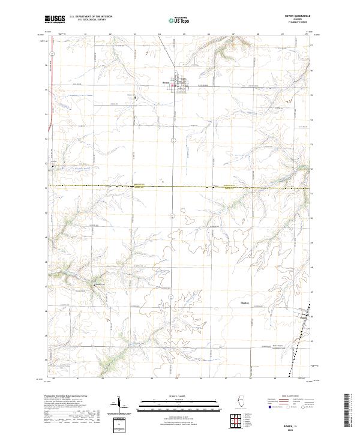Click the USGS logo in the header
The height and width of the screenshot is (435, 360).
click(55, 19)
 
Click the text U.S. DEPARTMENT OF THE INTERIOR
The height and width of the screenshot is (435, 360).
click(91, 17)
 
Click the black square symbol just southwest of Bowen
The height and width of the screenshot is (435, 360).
click(136, 97)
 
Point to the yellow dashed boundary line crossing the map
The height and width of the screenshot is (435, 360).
click(180, 187)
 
